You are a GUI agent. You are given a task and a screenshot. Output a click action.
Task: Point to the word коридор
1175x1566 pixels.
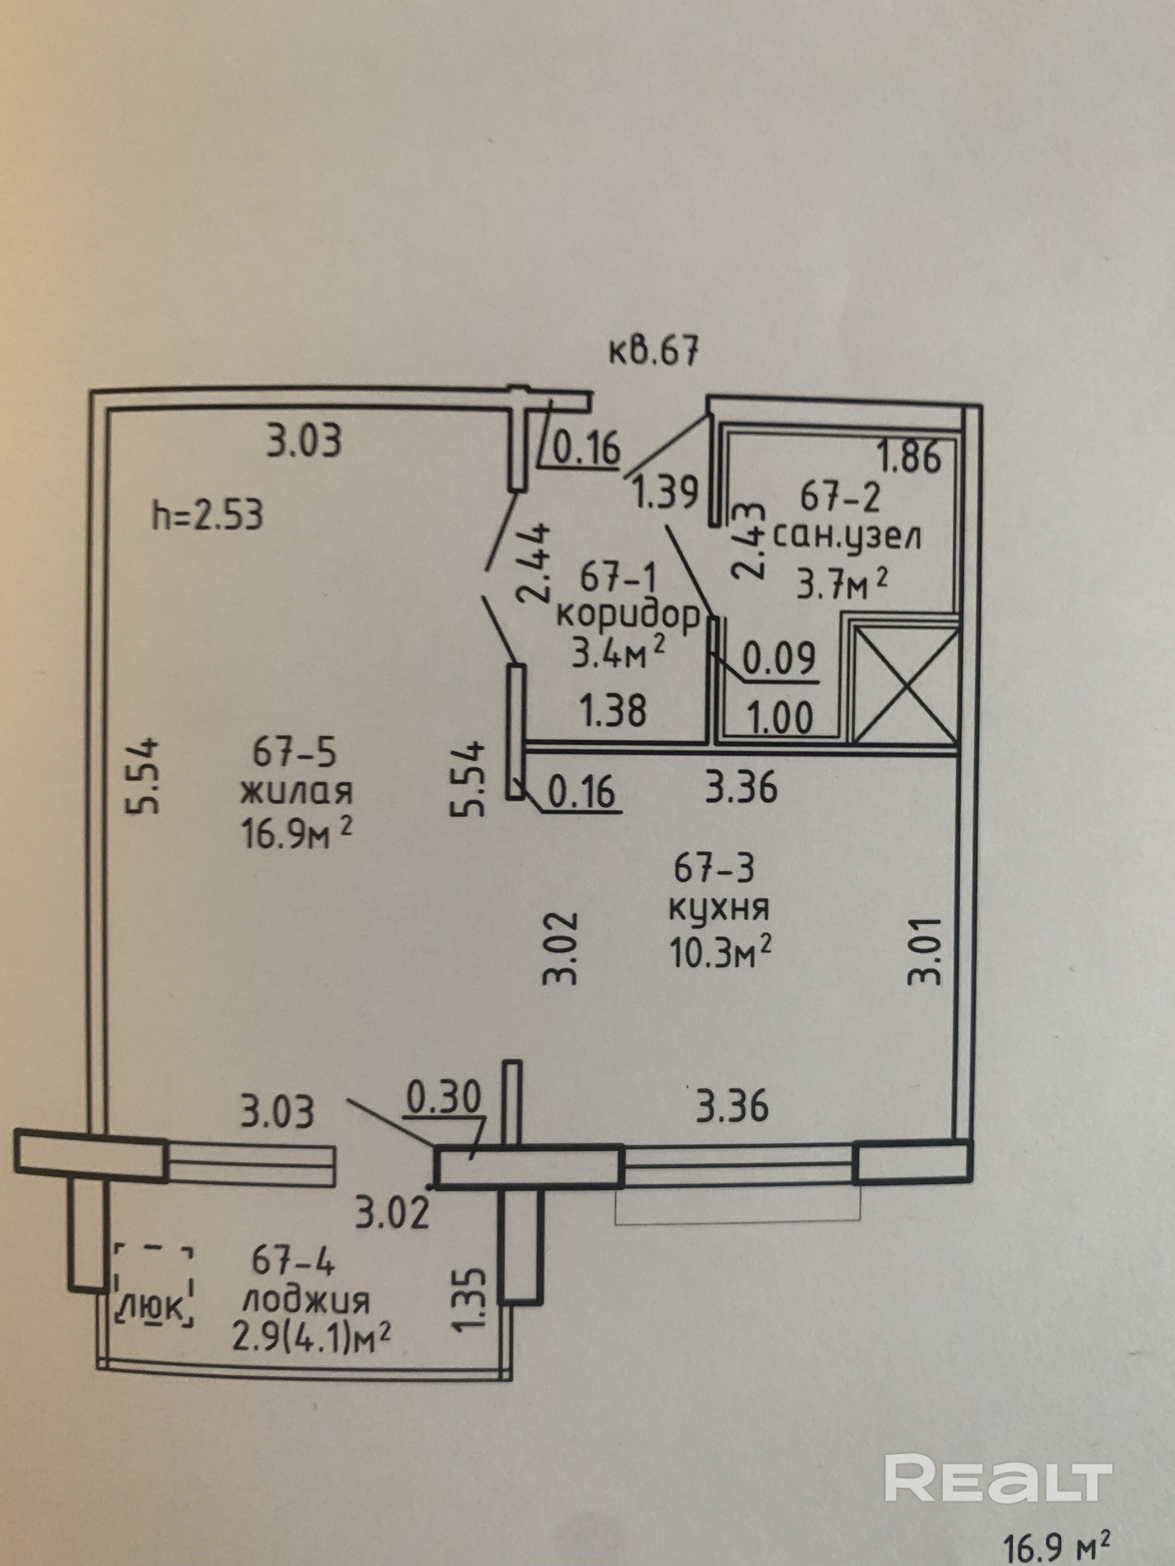click(x=628, y=617)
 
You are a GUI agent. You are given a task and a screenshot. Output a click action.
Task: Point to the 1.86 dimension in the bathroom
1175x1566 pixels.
click(x=910, y=458)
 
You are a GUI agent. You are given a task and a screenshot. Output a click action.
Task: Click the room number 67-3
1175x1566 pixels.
click(x=715, y=869)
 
